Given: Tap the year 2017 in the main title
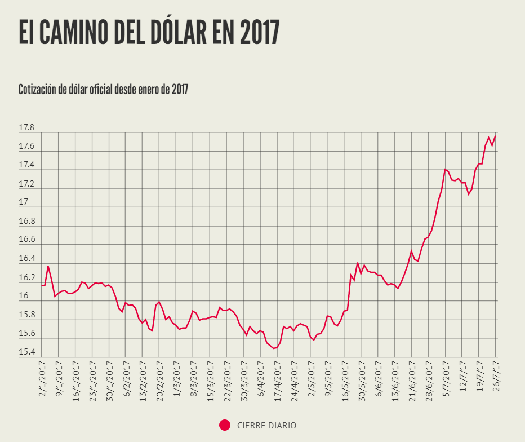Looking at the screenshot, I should [x=259, y=33].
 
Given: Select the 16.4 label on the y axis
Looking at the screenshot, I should [x=26, y=259].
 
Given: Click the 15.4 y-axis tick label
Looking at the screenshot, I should [x=26, y=353].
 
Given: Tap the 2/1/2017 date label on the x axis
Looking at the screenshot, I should [x=43, y=381].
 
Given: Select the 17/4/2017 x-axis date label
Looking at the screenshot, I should [x=278, y=382].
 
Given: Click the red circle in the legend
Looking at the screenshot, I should [x=225, y=426].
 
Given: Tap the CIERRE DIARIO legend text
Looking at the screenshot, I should [x=266, y=426].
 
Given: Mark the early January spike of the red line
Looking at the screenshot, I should [x=48, y=267].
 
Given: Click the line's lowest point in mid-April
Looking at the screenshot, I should [x=274, y=348].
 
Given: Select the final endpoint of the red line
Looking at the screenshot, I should [x=495, y=136].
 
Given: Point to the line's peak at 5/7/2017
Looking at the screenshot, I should [x=445, y=169].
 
